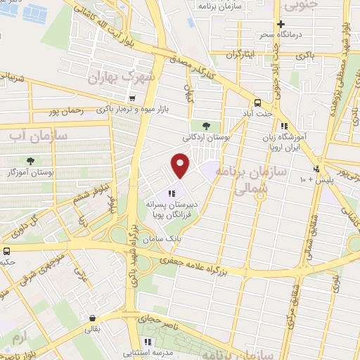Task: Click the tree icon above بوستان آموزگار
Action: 29,161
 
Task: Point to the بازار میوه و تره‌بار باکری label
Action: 133,110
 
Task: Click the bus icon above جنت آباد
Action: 257,101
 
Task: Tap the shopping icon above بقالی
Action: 92,317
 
